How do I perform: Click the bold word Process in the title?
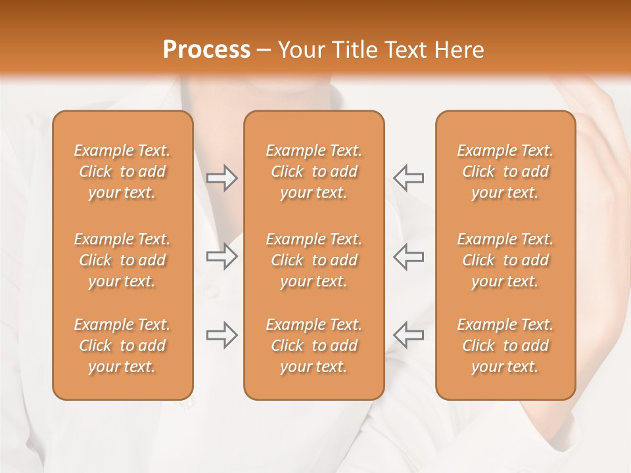click(206, 50)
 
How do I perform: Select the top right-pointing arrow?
click(222, 177)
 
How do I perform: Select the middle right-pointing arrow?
click(222, 256)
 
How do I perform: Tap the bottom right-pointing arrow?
click(222, 335)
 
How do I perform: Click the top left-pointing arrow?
click(408, 177)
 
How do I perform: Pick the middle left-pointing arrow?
click(408, 256)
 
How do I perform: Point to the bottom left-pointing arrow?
click(408, 335)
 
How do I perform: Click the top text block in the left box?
click(122, 171)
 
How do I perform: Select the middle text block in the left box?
click(122, 260)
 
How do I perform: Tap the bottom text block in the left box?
click(122, 346)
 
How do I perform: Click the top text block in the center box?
click(314, 171)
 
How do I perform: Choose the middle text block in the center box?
click(314, 260)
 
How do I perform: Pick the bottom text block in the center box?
click(314, 346)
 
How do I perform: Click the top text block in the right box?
click(505, 171)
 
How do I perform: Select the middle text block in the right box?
click(505, 260)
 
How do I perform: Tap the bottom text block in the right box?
click(505, 346)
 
